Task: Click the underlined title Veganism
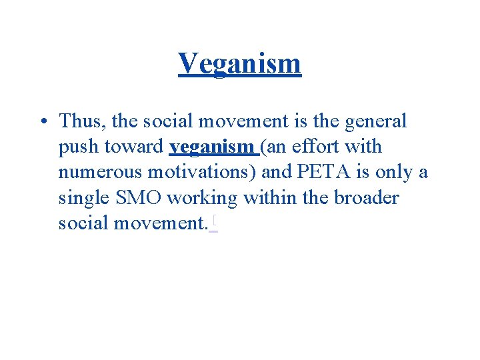tap(240, 64)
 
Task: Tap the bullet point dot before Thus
tap(43, 122)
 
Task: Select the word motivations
tap(201, 173)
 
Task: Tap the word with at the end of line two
tap(364, 147)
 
